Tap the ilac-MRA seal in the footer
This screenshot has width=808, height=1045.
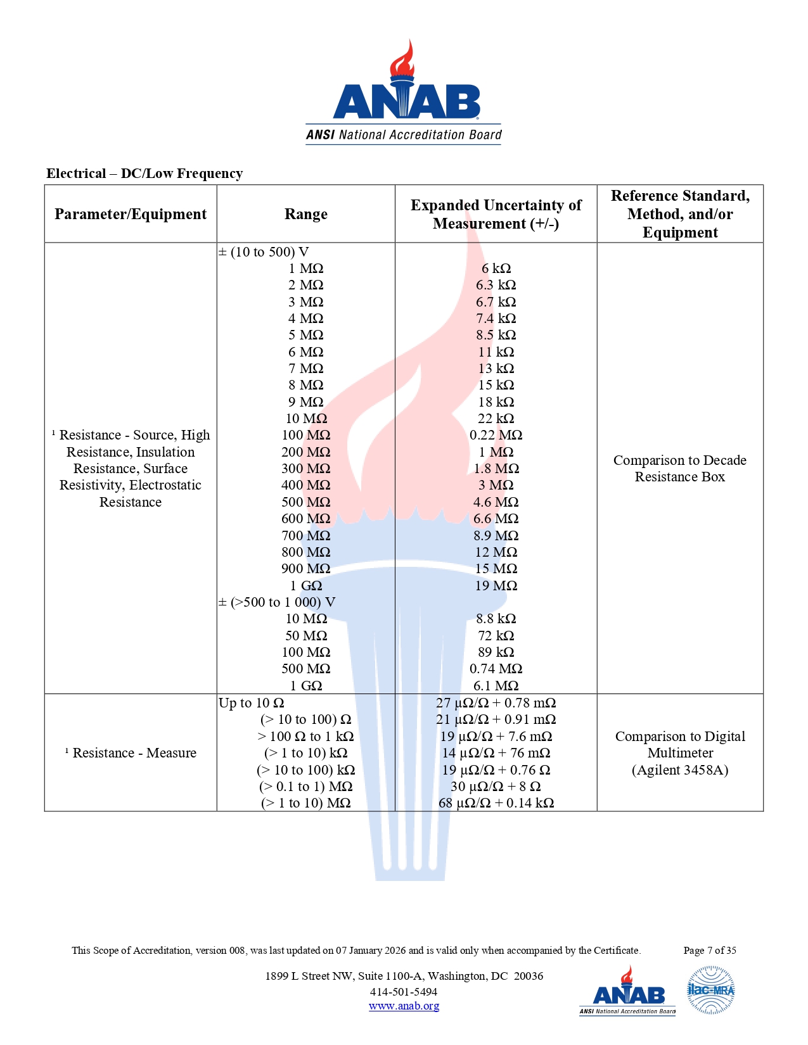click(710, 990)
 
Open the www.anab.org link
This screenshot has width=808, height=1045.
click(404, 1006)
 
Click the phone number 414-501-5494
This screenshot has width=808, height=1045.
click(404, 992)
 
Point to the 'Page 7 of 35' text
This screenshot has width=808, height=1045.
click(709, 950)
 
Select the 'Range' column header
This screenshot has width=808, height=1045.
click(305, 214)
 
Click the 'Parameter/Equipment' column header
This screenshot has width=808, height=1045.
click(131, 214)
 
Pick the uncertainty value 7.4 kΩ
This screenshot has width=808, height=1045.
click(496, 319)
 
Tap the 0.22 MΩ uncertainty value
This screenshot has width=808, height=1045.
click(496, 435)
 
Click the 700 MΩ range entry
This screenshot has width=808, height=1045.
click(305, 535)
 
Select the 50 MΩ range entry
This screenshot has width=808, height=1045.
click(305, 635)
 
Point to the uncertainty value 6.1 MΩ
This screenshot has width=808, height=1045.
click(496, 685)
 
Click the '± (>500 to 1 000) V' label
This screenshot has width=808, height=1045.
click(277, 602)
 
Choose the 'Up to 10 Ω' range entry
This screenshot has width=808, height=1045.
click(251, 702)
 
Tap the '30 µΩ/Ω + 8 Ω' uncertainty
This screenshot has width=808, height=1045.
click(496, 786)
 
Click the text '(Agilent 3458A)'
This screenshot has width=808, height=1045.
click(680, 769)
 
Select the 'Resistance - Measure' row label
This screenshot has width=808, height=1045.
click(134, 752)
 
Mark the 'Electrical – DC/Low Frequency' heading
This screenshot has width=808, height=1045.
click(144, 174)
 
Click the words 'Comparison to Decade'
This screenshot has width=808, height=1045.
click(680, 460)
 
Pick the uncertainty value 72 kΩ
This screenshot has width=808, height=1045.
click(496, 635)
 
